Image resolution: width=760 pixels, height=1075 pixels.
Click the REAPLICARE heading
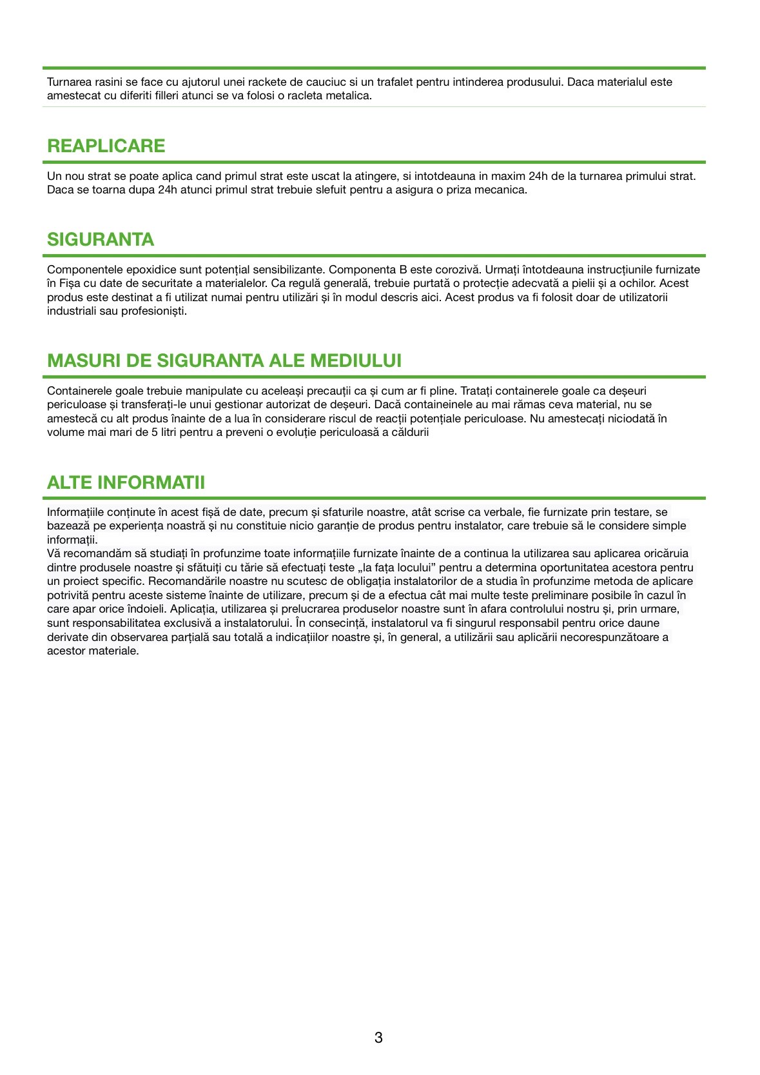pyautogui.click(x=106, y=146)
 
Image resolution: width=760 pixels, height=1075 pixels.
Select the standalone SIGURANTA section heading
pyautogui.click(x=101, y=239)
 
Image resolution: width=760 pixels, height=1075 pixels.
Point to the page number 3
pyautogui.click(x=378, y=1038)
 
